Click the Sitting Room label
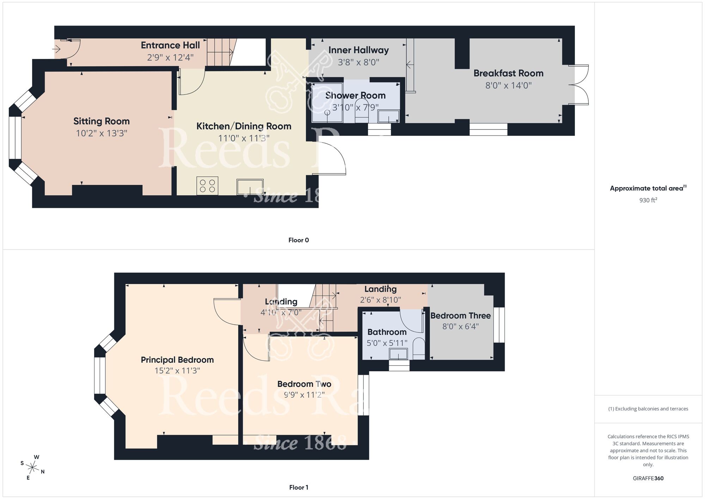tap(102, 121)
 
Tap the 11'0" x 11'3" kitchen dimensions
tap(244, 138)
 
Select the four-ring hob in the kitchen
tap(207, 186)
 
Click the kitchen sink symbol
tap(250, 187)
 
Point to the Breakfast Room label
tap(508, 73)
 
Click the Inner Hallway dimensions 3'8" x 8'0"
tap(358, 62)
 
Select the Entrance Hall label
tap(170, 45)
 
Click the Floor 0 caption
tap(299, 240)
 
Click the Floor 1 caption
tap(299, 487)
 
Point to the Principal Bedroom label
tap(177, 360)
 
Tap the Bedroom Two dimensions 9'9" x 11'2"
tap(304, 395)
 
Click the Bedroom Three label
tap(460, 315)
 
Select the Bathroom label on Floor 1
tap(387, 332)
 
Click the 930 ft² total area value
tap(648, 200)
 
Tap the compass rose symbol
tap(32, 468)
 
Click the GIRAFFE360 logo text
tap(648, 479)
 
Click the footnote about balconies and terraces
tap(648, 409)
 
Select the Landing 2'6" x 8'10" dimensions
tap(380, 300)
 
